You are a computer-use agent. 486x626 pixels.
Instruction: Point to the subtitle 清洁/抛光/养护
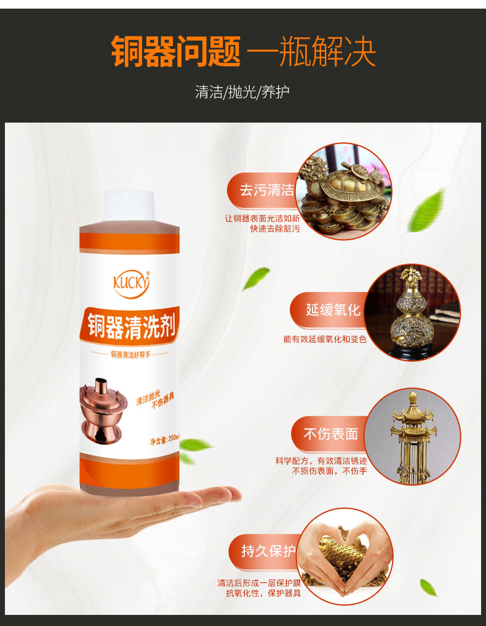coord(242,92)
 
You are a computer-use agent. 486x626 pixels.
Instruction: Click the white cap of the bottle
coord(129,206)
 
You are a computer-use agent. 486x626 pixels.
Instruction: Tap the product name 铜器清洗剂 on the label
coord(130,324)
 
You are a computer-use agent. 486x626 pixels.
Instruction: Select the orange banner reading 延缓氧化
coord(333,309)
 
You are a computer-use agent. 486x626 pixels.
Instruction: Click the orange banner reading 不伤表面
coord(330,434)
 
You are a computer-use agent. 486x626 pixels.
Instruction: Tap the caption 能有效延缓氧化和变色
coord(325,339)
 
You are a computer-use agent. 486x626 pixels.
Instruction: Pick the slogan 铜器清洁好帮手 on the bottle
coord(129,354)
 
